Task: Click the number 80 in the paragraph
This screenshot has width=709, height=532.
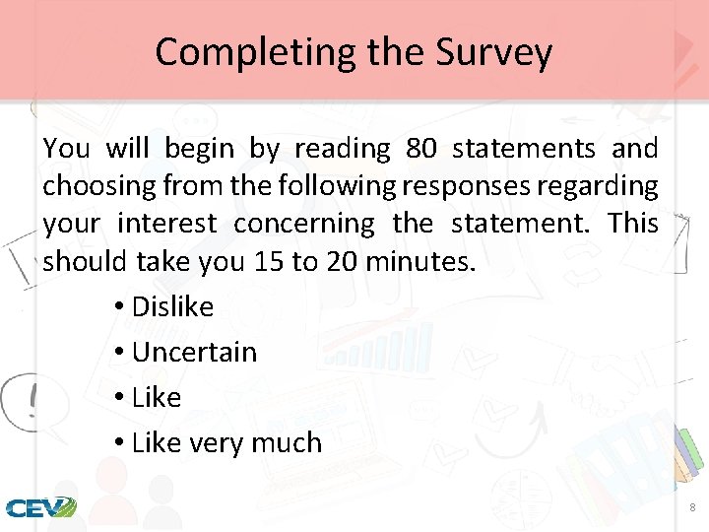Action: (420, 149)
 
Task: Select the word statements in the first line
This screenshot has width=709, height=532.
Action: (524, 149)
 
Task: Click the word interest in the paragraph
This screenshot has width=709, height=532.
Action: (166, 224)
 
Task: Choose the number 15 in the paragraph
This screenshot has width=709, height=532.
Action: (265, 261)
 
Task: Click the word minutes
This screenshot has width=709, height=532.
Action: (424, 261)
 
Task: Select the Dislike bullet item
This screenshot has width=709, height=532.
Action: (172, 306)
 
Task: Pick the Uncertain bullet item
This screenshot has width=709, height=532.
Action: (194, 352)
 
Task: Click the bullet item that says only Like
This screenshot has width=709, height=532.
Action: (157, 397)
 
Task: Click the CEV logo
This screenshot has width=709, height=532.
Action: (40, 507)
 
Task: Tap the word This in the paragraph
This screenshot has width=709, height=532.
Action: (633, 224)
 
